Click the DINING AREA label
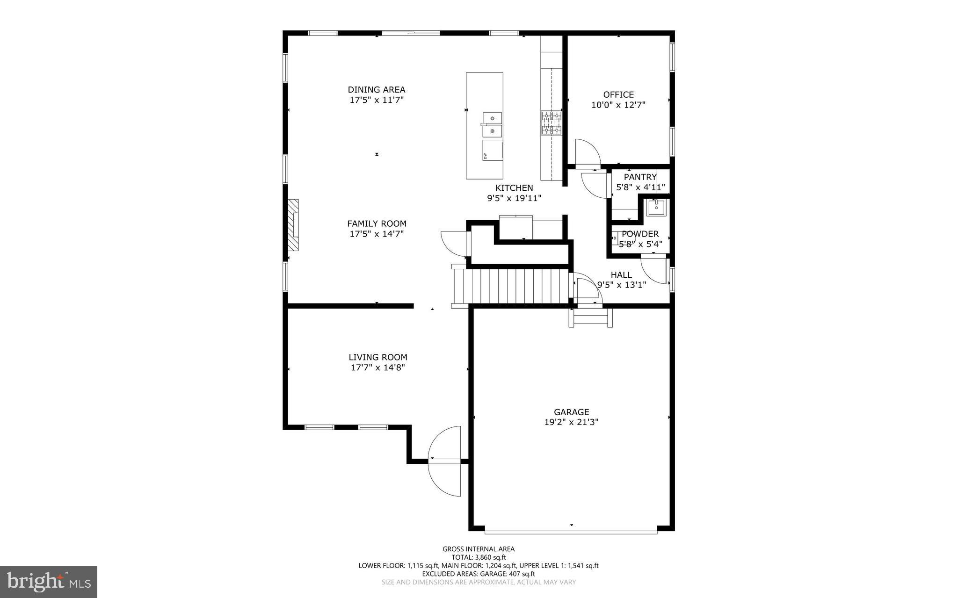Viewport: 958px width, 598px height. (x=376, y=89)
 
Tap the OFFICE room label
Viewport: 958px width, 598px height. (x=618, y=94)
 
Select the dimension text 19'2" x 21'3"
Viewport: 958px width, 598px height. (x=571, y=422)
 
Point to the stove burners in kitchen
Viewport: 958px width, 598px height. (x=552, y=123)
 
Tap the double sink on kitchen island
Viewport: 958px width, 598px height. (x=492, y=125)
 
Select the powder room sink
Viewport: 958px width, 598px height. (x=656, y=207)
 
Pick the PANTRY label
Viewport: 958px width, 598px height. (x=640, y=177)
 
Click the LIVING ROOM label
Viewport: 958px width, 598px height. (x=377, y=357)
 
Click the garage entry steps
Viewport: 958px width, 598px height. (x=590, y=318)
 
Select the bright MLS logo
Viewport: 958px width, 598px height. (x=49, y=582)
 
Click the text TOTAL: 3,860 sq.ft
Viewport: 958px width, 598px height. (x=478, y=557)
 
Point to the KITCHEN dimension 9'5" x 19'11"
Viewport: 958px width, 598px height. (x=514, y=198)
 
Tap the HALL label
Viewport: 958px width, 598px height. (x=621, y=275)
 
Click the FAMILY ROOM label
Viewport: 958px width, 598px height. (x=377, y=223)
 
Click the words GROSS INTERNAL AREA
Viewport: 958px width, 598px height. (x=478, y=549)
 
